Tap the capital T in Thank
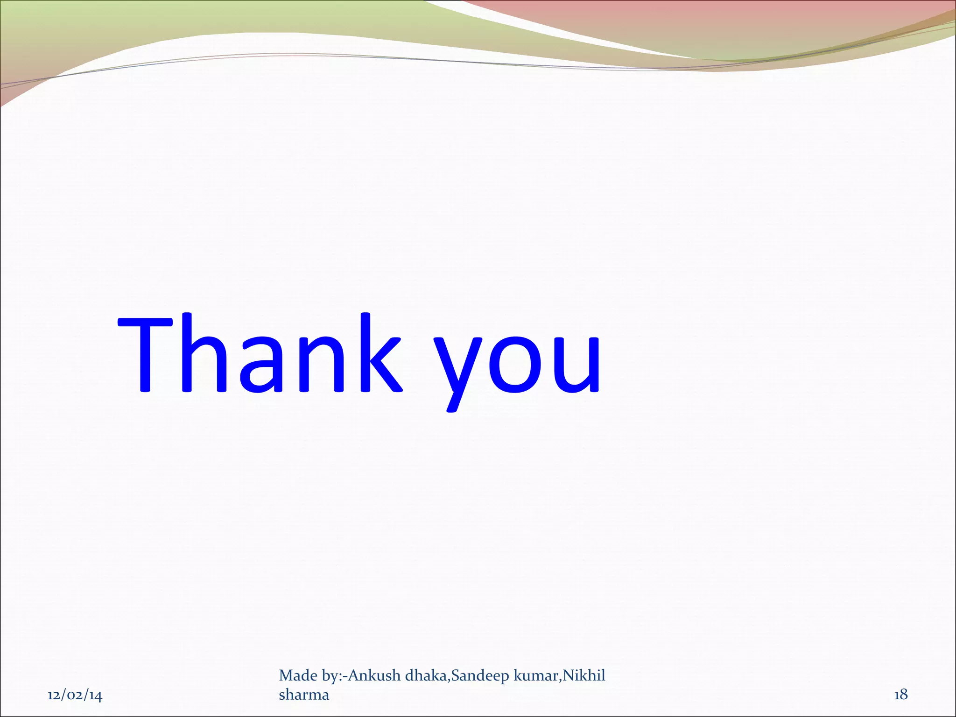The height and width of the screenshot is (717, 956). (x=146, y=353)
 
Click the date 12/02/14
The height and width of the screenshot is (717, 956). (x=75, y=696)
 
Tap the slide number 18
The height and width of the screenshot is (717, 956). (x=900, y=695)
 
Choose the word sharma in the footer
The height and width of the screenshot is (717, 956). (x=304, y=695)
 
